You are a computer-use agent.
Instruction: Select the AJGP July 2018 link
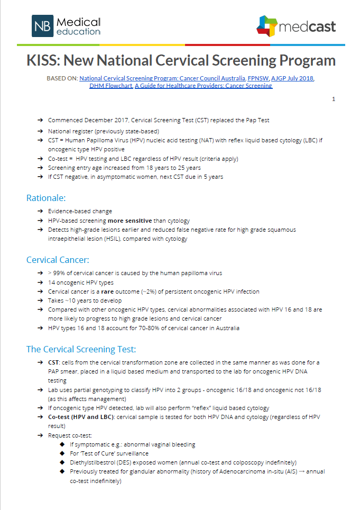(293, 78)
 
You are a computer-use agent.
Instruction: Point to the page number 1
(334, 99)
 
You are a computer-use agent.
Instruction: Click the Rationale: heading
(46, 198)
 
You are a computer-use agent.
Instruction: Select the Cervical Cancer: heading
(58, 260)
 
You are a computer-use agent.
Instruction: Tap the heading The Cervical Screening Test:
(81, 349)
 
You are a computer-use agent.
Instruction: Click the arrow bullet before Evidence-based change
(40, 211)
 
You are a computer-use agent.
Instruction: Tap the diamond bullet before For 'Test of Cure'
(63, 453)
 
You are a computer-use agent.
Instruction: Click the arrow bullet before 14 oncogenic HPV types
(40, 283)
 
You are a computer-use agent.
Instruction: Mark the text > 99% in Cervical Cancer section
(56, 273)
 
